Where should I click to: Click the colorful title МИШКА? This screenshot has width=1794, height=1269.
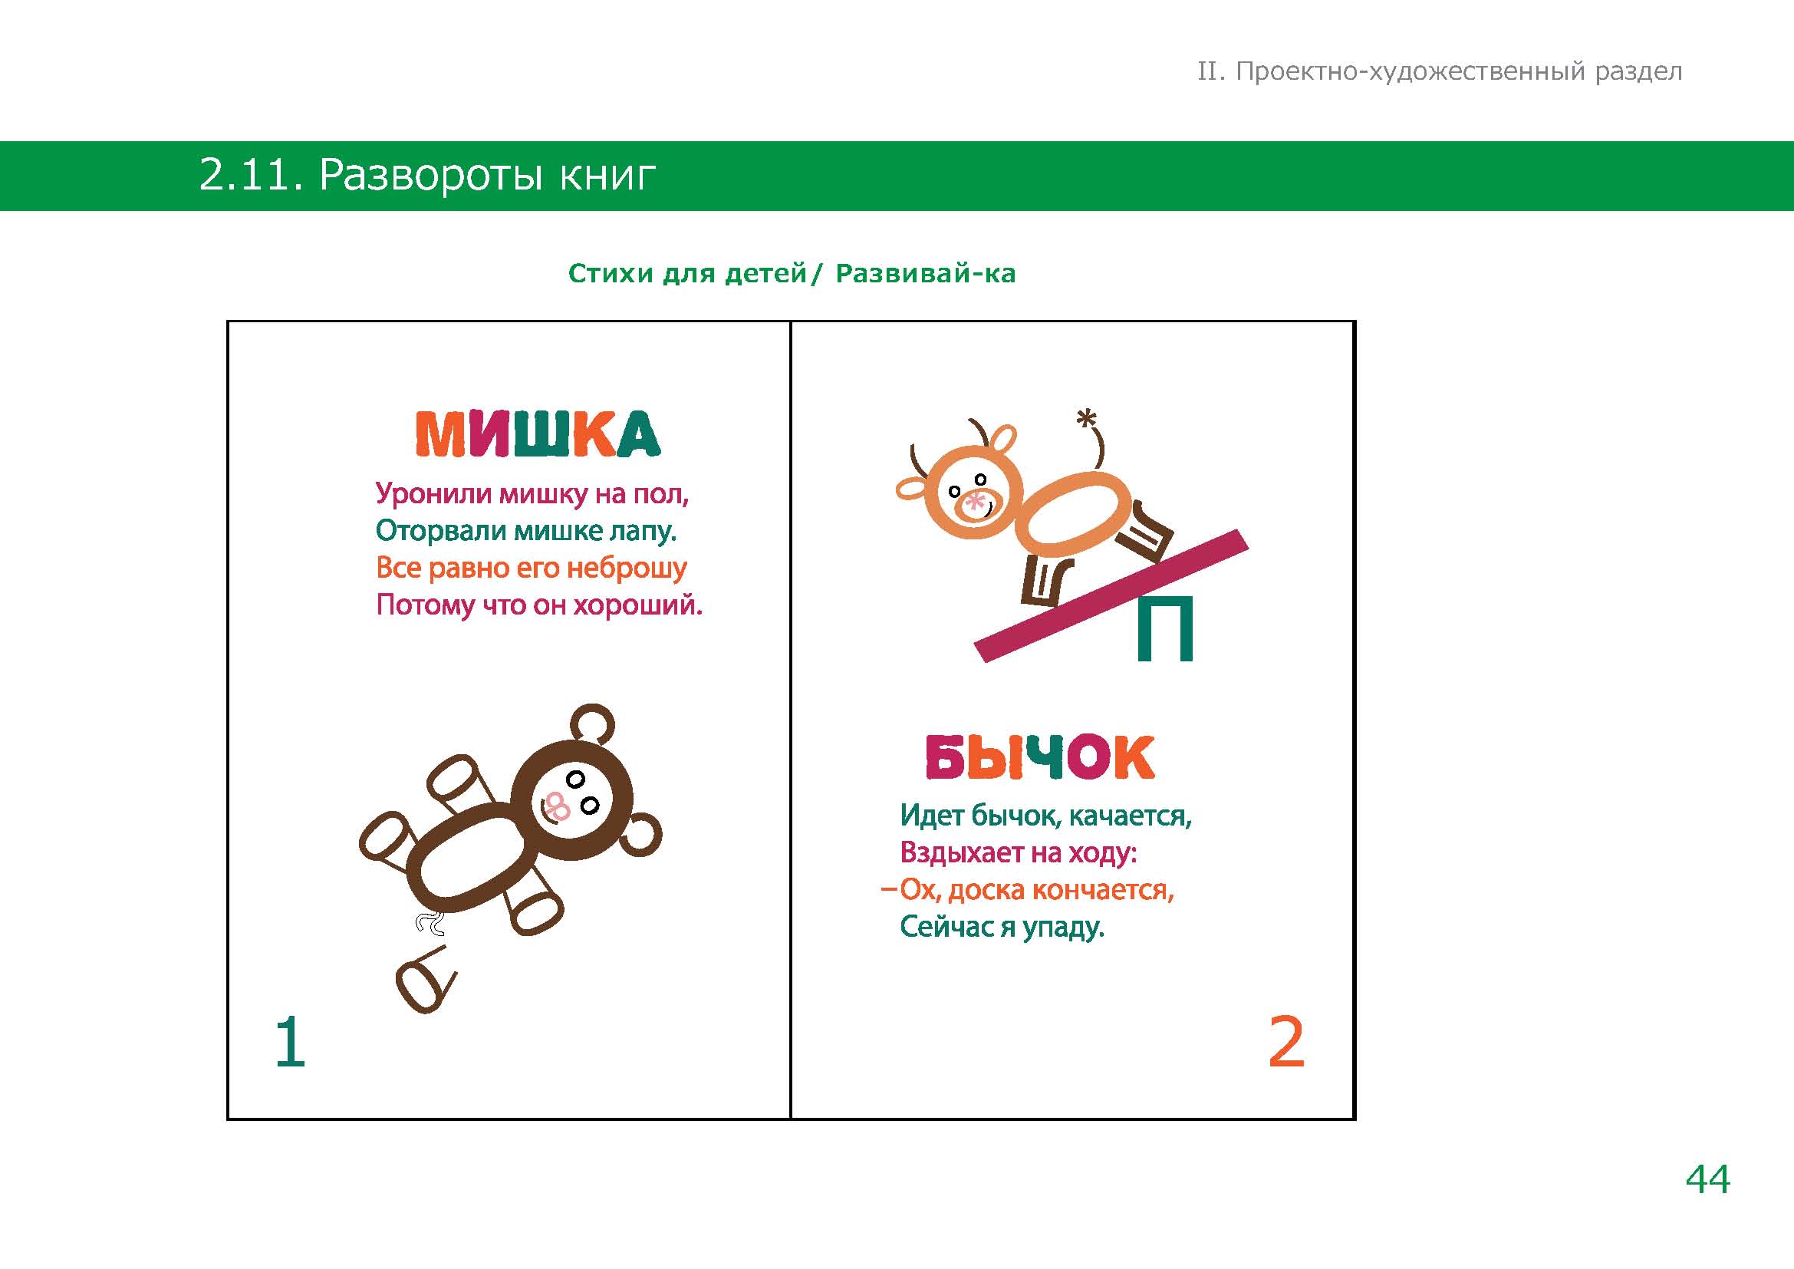pos(538,433)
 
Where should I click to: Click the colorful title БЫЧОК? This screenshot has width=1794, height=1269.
pos(1040,757)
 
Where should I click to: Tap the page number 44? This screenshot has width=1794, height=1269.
pos(1707,1179)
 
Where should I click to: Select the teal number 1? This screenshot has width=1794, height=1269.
pos(291,1041)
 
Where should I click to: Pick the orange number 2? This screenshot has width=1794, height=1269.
pos(1286,1041)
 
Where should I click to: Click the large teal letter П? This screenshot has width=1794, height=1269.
pos(1165,628)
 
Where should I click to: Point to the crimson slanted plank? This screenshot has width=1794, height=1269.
pos(1111,595)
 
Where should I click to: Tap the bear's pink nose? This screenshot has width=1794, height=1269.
pos(557,806)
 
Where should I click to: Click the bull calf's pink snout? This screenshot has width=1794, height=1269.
pos(975,505)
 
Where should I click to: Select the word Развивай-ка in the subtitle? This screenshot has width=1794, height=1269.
pos(926,273)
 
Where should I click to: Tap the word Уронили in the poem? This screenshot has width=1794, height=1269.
pos(433,494)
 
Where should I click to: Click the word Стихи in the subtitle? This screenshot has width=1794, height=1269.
pos(611,273)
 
